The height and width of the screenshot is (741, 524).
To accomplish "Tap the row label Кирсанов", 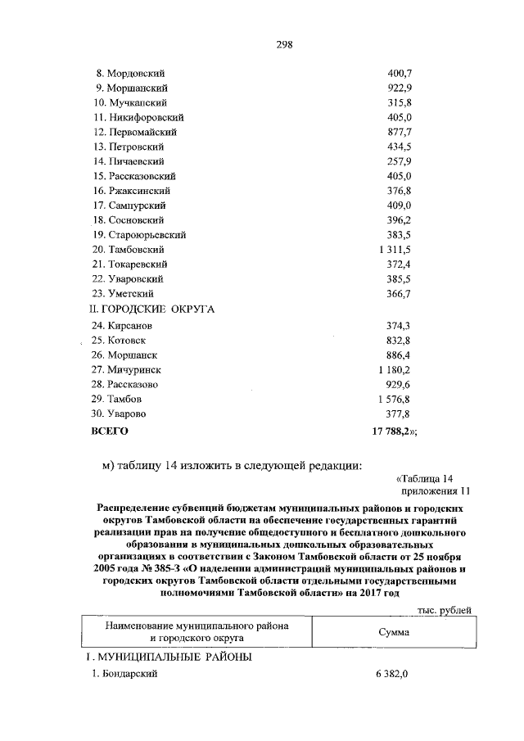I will click(x=124, y=326).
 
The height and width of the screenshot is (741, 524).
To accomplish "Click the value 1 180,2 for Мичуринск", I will click(x=394, y=370).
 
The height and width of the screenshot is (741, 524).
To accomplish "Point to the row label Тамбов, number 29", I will click(x=121, y=400).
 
